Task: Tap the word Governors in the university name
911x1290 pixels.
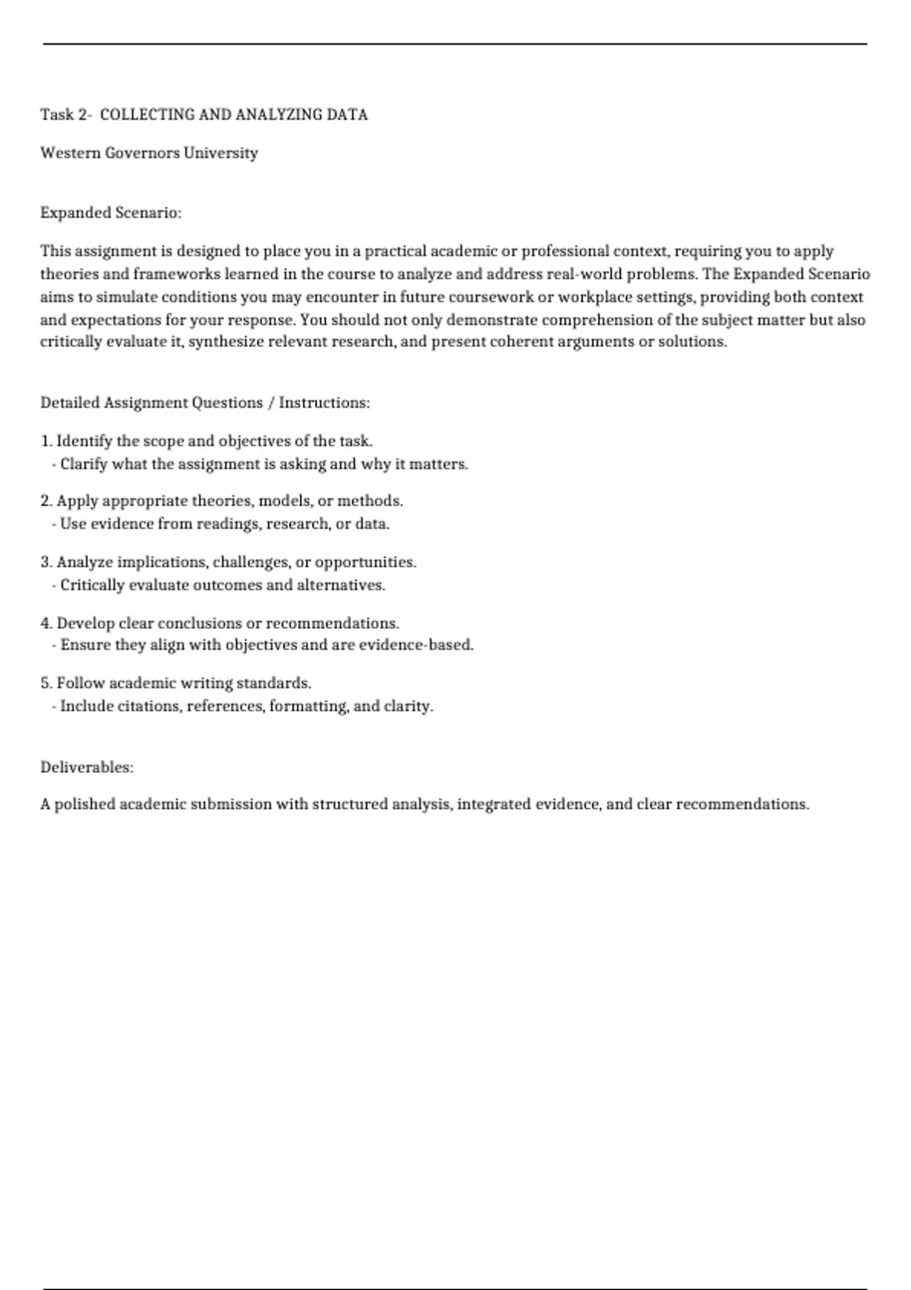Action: [x=142, y=153]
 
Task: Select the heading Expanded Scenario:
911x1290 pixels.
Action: [x=111, y=212]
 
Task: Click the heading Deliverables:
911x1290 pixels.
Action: [x=87, y=767]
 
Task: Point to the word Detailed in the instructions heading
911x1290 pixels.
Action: [x=70, y=403]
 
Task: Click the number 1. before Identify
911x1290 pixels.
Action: [x=46, y=441]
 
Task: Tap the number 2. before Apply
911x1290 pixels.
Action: [x=46, y=501]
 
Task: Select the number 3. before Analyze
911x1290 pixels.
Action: [x=46, y=562]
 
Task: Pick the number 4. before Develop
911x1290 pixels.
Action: [x=46, y=623]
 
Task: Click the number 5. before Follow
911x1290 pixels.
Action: [x=46, y=683]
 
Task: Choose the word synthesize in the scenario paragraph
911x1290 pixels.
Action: [x=225, y=341]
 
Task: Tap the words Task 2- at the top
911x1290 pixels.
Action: [x=66, y=115]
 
